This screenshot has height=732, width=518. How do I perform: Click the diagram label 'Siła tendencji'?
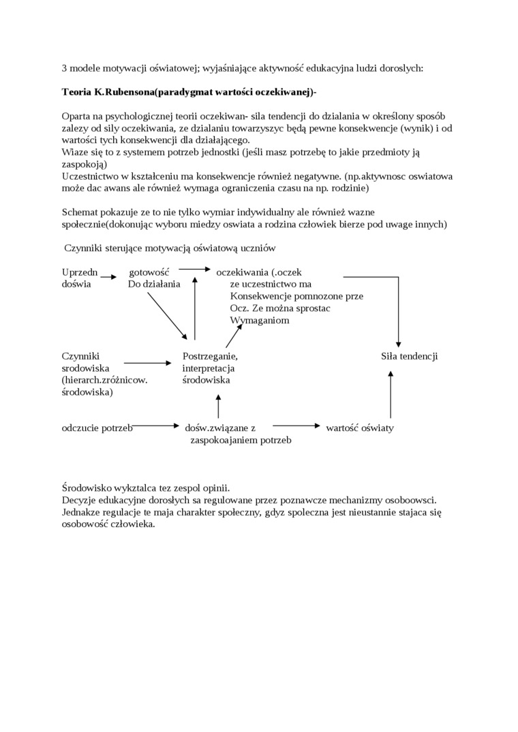click(x=409, y=356)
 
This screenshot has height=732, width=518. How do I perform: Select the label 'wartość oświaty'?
click(x=359, y=428)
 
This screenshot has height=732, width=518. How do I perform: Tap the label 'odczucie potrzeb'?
click(x=97, y=428)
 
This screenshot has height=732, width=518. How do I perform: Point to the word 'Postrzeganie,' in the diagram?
click(x=210, y=356)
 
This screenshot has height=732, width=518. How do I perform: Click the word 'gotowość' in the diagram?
click(x=149, y=272)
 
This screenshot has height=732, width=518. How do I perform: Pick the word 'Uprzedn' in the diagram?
click(x=80, y=272)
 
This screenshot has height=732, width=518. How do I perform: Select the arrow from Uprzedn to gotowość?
click(x=108, y=276)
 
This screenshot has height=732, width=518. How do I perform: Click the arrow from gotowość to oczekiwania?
click(x=195, y=269)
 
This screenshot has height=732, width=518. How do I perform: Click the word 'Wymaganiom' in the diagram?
click(x=260, y=320)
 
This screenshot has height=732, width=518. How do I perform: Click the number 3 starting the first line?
click(x=64, y=67)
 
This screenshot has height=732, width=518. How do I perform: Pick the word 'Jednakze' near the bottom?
click(x=81, y=511)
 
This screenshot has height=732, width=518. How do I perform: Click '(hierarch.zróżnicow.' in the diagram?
click(x=104, y=380)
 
